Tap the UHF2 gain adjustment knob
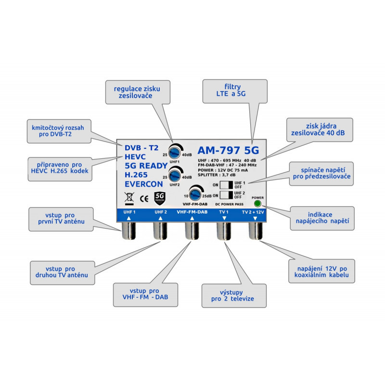(x=175, y=175)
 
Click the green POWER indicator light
(x=257, y=204)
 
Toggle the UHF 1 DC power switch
(x=226, y=185)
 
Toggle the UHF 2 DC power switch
(x=226, y=195)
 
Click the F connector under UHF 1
(x=129, y=231)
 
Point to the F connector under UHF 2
(x=160, y=231)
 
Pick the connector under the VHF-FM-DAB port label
(x=192, y=231)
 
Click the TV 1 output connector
(x=224, y=231)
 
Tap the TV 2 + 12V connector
(x=256, y=231)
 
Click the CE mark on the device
(x=144, y=199)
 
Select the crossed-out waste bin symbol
(x=129, y=199)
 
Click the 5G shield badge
(x=160, y=198)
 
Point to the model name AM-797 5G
(x=228, y=150)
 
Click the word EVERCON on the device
(x=143, y=184)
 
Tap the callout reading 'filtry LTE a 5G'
(x=235, y=91)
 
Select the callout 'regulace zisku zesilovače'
(x=138, y=92)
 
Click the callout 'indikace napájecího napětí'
(x=322, y=218)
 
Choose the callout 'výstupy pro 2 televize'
(x=234, y=296)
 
